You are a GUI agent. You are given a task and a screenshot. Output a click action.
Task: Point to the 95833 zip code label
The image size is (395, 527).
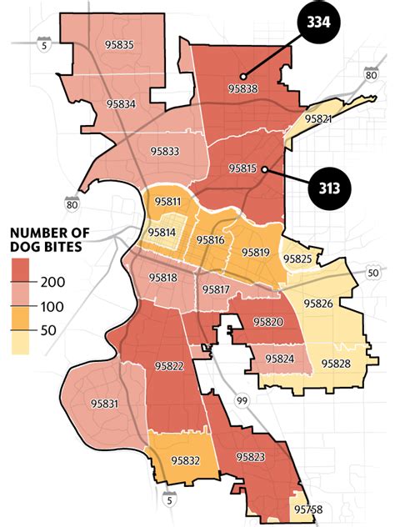[x=164, y=151]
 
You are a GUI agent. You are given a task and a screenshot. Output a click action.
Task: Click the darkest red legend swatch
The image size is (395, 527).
[x=22, y=271]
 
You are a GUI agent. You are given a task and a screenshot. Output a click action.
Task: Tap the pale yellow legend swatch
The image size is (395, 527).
[x=22, y=343]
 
